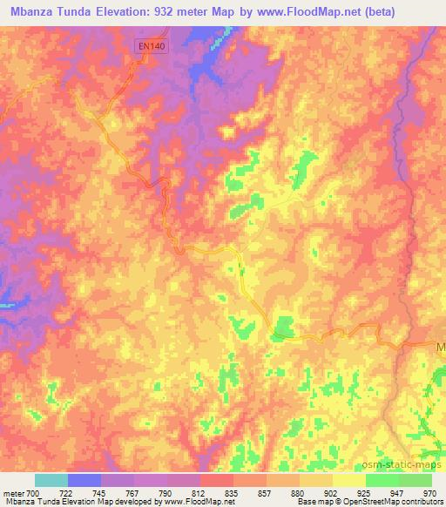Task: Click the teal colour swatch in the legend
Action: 51,480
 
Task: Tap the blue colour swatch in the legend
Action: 84,480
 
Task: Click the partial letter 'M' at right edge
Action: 440,348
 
